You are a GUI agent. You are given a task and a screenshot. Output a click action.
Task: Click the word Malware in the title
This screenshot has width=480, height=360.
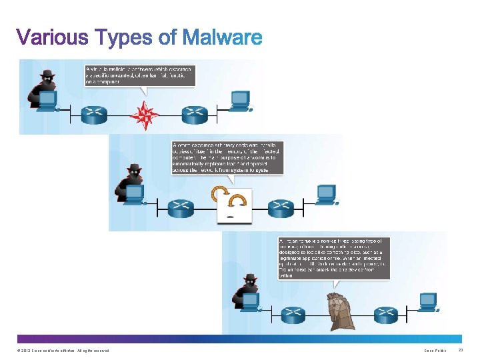pos(222,37)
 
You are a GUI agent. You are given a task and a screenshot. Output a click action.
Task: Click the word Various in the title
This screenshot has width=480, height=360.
pos(53,37)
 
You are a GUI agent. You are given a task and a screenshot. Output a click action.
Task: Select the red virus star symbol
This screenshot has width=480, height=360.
pos(145,115)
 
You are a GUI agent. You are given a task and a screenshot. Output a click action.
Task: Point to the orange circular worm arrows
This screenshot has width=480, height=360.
pos(229,197)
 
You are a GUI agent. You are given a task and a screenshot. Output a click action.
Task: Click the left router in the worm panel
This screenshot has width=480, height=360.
pos(180,209)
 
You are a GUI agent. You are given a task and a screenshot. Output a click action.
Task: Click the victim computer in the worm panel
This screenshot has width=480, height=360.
pos(326,194)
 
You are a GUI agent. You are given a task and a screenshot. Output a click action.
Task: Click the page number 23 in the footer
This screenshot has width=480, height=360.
pos(461,351)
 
